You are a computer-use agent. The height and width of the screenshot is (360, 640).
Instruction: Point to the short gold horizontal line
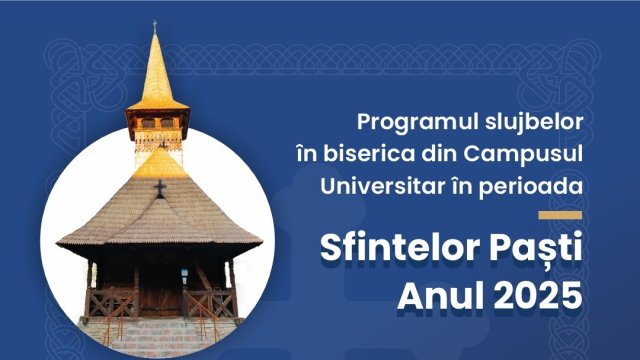coord(559,214)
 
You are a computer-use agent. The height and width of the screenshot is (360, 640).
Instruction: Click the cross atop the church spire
coord(154,25)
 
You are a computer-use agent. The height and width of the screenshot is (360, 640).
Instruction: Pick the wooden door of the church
coord(160,290)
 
